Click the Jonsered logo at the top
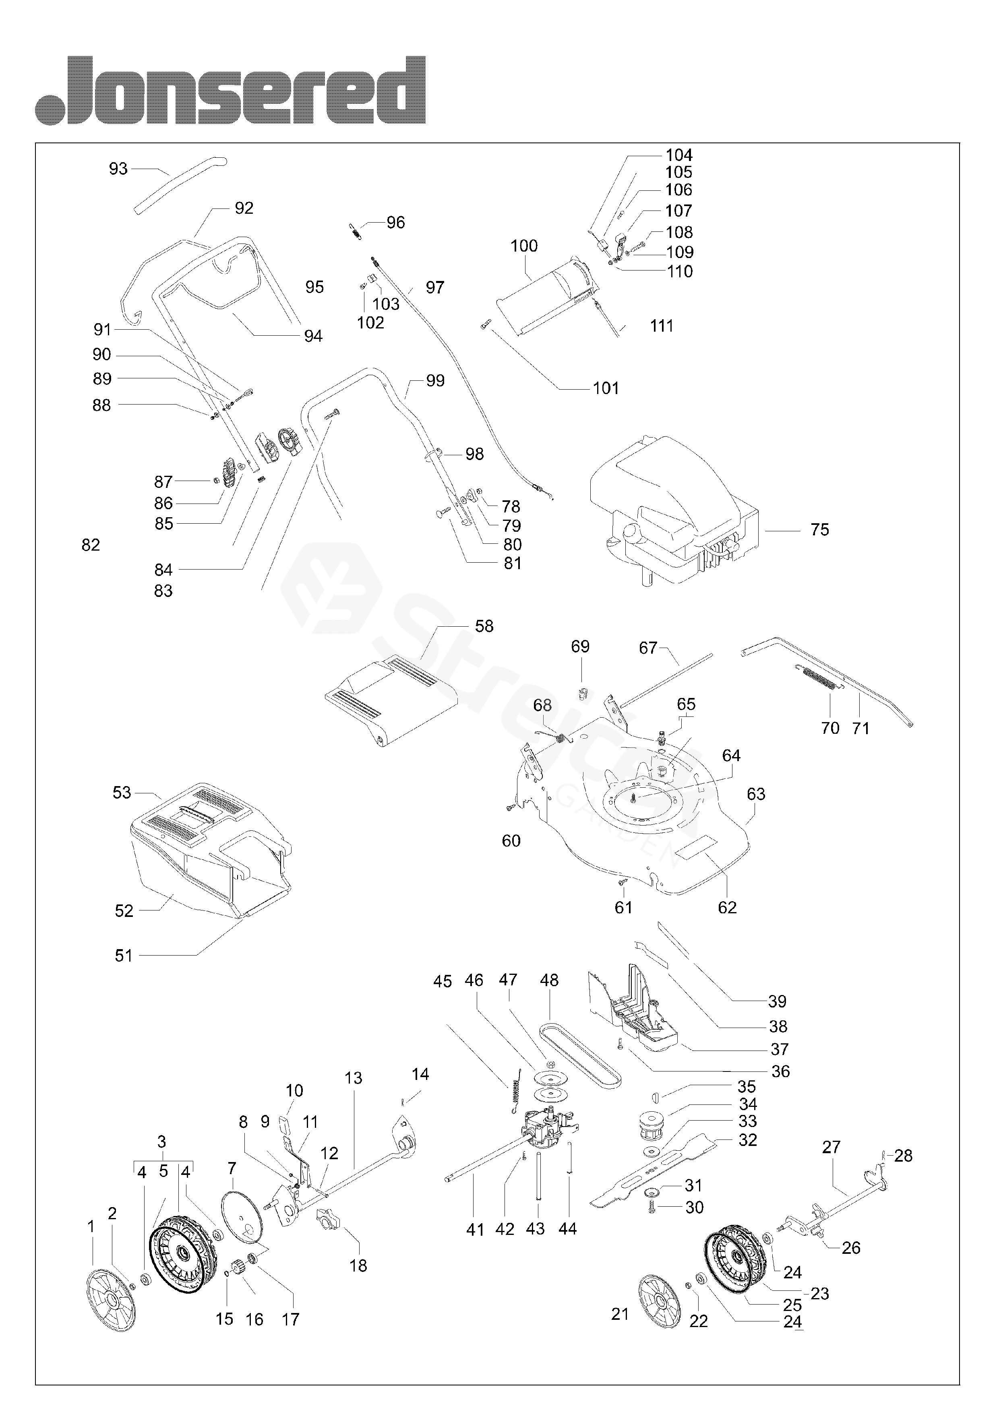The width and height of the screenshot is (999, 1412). pyautogui.click(x=230, y=90)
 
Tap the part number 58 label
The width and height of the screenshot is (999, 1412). pyautogui.click(x=484, y=626)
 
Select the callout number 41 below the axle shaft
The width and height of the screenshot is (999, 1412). pyautogui.click(x=475, y=1229)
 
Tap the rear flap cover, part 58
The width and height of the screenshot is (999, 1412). pyautogui.click(x=391, y=702)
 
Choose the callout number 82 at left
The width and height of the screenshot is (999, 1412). pyautogui.click(x=91, y=545)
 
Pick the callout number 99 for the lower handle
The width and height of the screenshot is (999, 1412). pyautogui.click(x=435, y=381)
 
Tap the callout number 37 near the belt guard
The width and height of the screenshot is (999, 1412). pyautogui.click(x=779, y=1049)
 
